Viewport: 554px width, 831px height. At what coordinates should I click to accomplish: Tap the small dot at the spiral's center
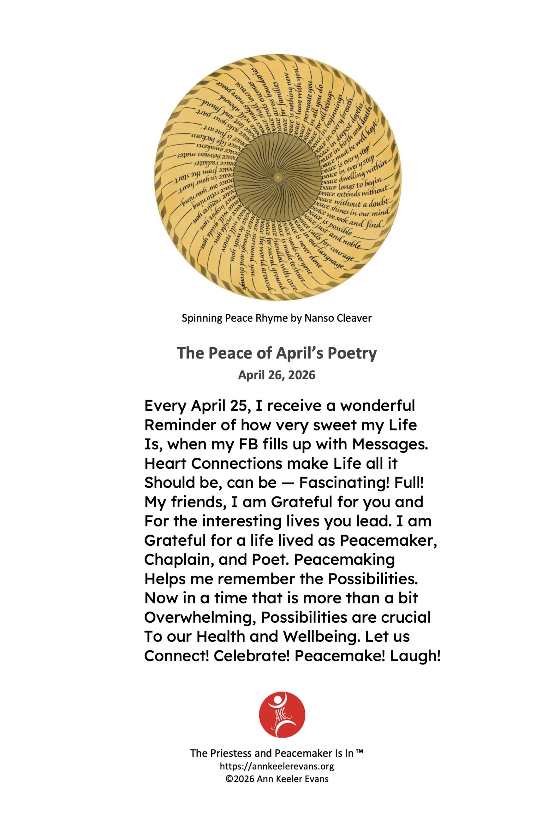coord(278,177)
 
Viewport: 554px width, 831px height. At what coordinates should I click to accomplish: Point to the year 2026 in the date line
coord(302,375)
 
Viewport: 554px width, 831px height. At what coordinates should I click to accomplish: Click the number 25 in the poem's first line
coord(238,406)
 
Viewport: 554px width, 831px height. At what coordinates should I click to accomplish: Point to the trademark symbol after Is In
coord(359,752)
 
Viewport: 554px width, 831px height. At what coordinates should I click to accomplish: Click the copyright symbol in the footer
coord(229,779)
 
